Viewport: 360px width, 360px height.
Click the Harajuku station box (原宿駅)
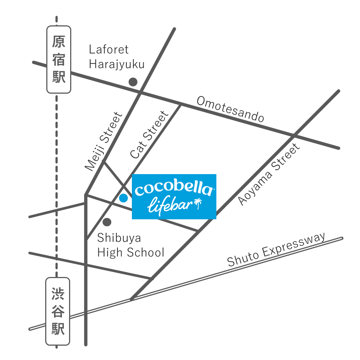point(59,60)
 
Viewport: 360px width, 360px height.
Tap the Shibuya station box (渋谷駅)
point(58,311)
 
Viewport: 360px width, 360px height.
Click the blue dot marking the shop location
point(123,198)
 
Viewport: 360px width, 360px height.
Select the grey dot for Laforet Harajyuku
point(133,82)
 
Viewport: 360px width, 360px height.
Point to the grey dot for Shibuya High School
point(107,222)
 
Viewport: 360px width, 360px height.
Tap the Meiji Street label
point(104,141)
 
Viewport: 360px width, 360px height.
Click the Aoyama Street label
point(269,174)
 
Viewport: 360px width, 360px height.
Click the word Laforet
point(109,50)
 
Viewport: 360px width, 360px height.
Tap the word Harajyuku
point(117,65)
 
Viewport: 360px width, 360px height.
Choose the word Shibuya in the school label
point(119,238)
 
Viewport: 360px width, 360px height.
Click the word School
point(145,253)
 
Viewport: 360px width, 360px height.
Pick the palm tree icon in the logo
point(198,204)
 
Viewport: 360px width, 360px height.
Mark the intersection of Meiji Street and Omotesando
point(140,92)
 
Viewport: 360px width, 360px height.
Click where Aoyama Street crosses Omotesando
point(294,136)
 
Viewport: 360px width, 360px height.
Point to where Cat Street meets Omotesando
point(180,104)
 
